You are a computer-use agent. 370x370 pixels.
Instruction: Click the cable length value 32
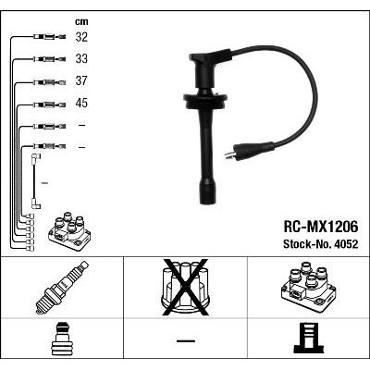(81, 37)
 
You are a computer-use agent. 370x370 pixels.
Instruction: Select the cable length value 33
(81, 58)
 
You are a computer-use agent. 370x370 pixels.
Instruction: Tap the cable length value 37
(81, 80)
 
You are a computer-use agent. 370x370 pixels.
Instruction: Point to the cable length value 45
(81, 103)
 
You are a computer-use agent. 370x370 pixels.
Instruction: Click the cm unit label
(81, 21)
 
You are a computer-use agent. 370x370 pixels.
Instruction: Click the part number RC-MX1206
(321, 228)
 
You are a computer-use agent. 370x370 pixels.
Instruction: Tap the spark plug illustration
(62, 288)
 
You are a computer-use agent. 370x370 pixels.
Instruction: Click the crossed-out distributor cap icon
(185, 288)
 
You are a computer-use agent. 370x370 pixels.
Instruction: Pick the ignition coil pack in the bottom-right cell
(308, 287)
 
